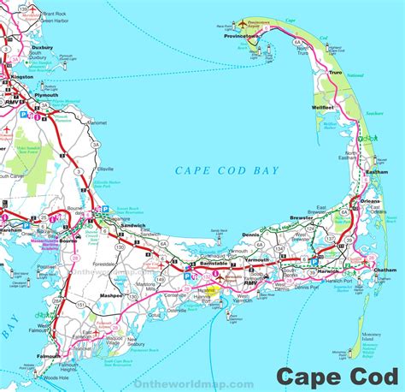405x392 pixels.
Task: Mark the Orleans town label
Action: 369,201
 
